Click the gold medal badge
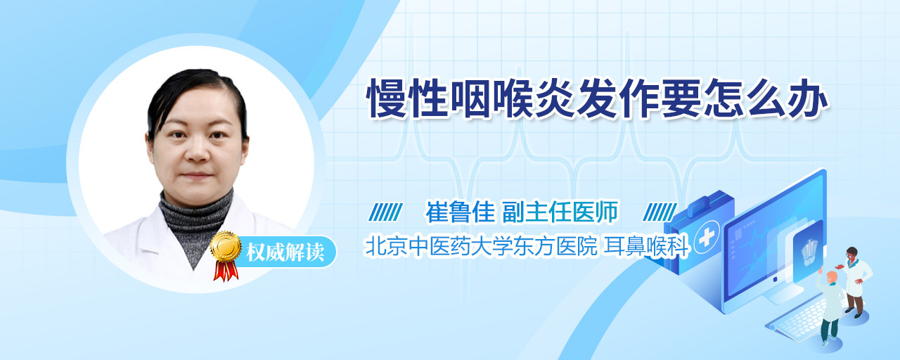226,247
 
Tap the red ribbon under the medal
226,271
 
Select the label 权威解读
285,252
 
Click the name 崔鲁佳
460,212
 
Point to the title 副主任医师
560,212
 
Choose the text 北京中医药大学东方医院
480,246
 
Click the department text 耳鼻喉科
647,246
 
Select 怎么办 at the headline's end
765,98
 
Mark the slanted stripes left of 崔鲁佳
385,212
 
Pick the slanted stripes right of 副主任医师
660,212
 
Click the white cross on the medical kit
706,238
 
